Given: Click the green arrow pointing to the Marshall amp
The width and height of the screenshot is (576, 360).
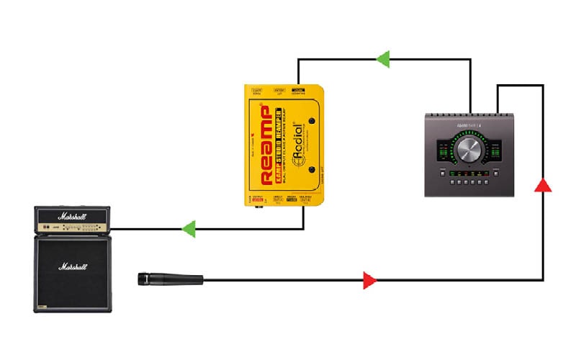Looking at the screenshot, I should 189,230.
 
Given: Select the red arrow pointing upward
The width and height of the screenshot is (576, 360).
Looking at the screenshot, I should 544,185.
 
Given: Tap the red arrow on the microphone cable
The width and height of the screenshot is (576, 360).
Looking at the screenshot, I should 369,280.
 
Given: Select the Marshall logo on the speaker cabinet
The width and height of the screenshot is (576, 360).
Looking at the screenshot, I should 75,267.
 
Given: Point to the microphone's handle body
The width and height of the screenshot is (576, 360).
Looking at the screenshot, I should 180,279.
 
